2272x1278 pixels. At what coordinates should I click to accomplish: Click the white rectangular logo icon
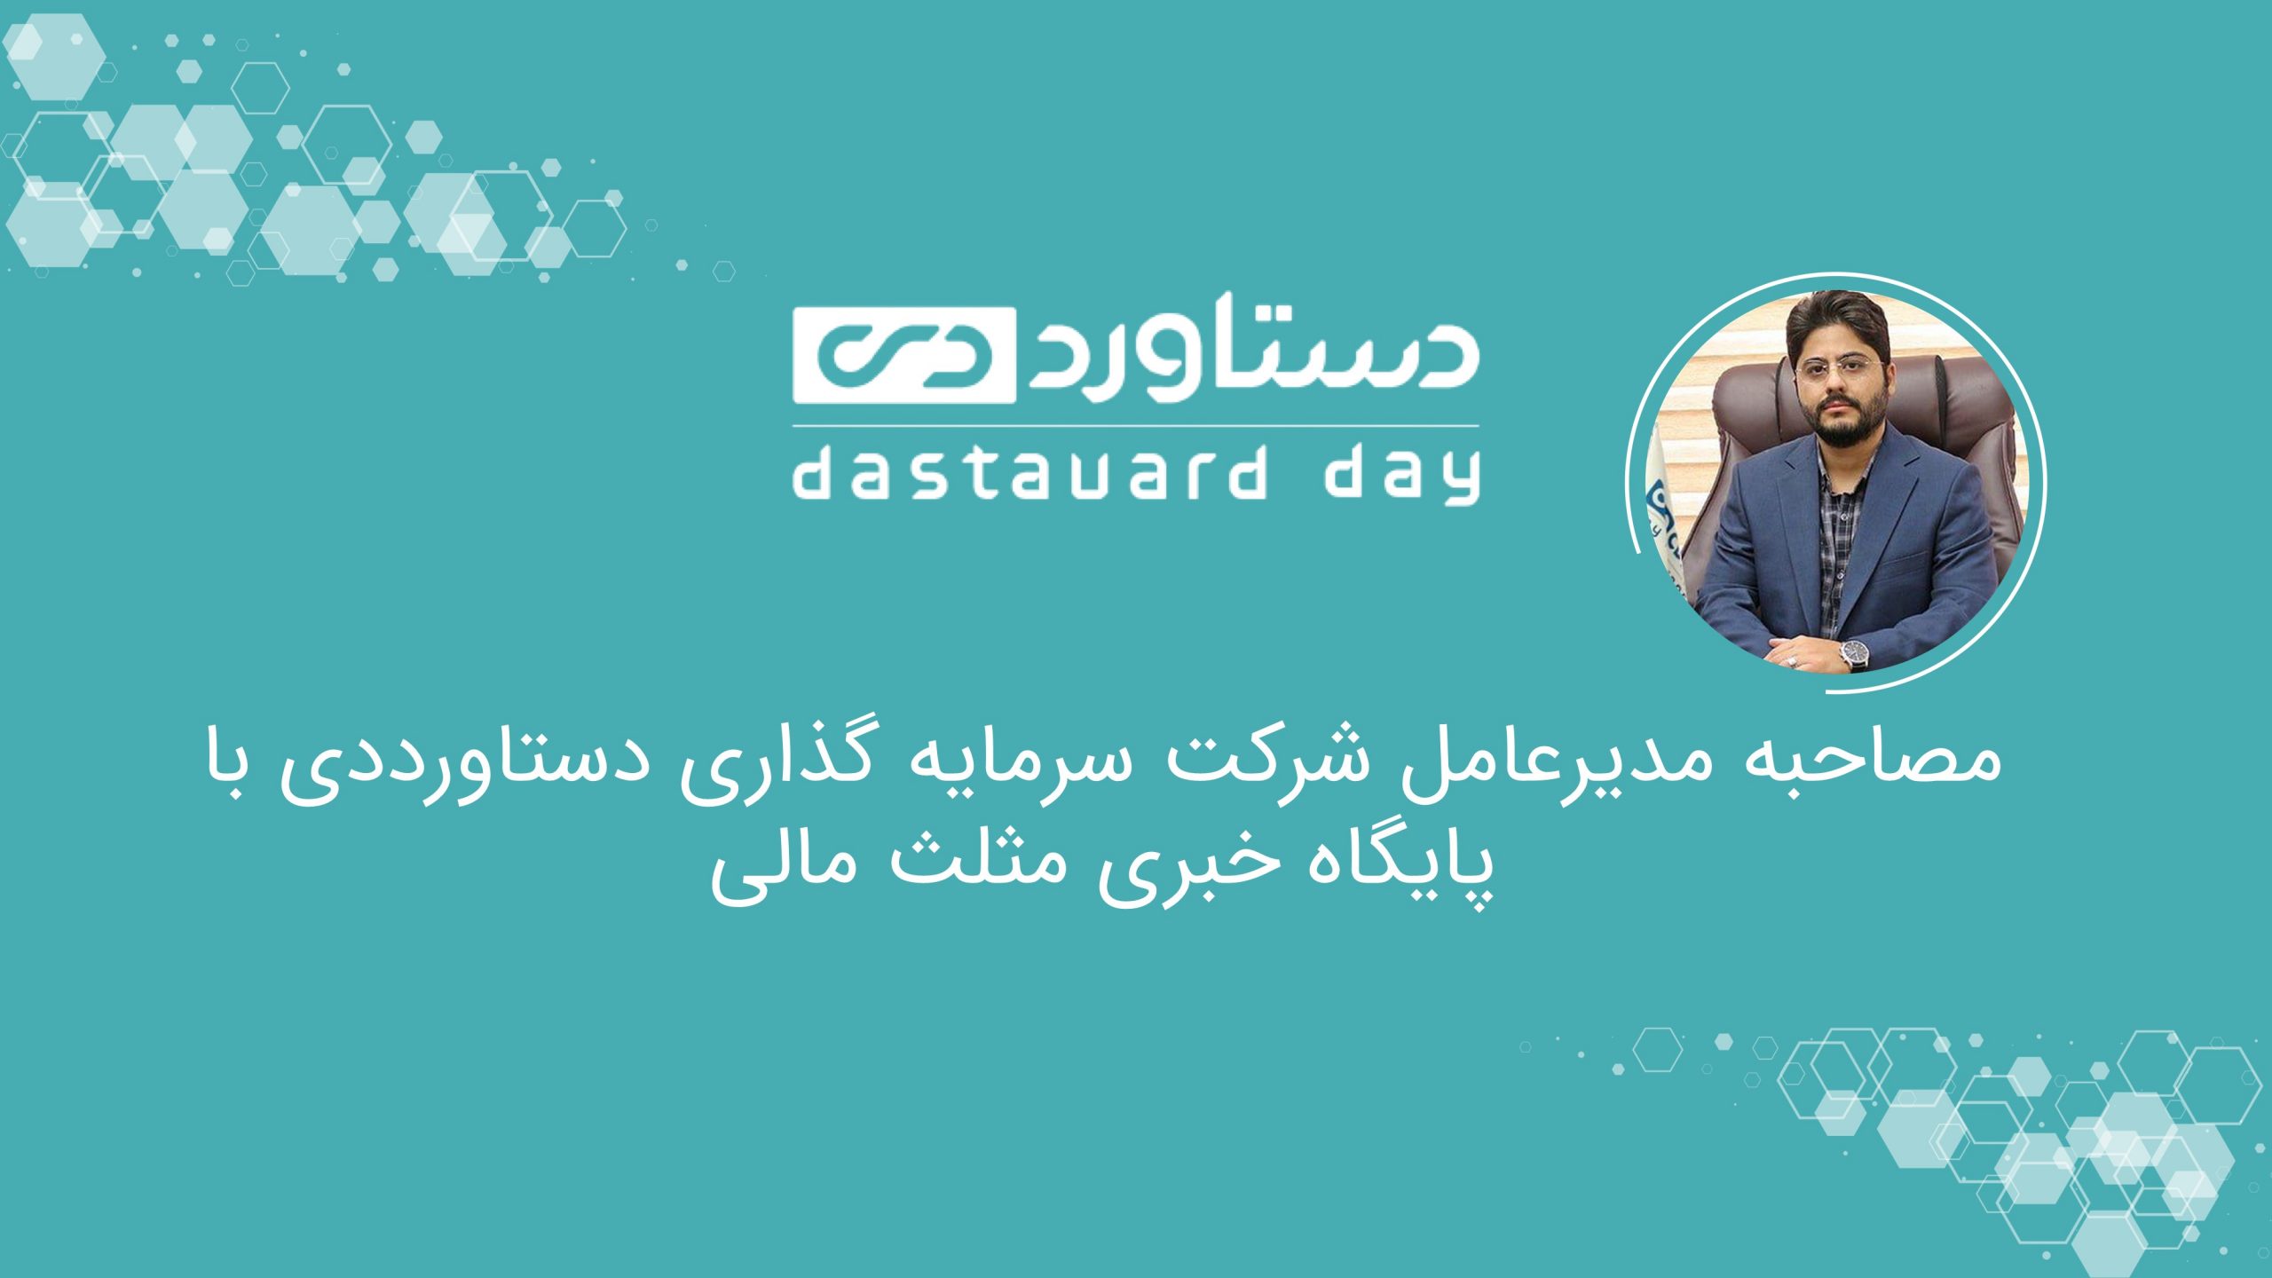point(904,354)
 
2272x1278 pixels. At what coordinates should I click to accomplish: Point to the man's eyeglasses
point(1834,367)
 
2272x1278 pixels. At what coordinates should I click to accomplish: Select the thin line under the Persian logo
point(1135,427)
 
